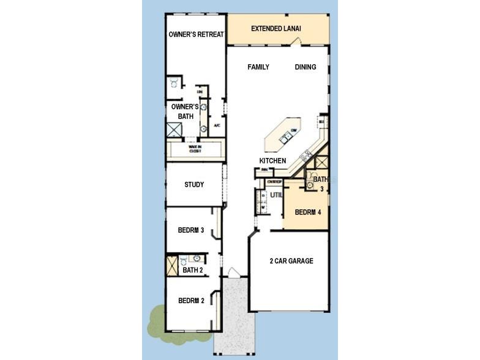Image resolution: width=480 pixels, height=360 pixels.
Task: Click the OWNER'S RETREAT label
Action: (x=196, y=34)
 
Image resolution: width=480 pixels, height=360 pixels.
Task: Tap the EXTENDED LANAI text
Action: (x=276, y=29)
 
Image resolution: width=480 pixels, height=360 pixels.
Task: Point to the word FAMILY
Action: (x=258, y=67)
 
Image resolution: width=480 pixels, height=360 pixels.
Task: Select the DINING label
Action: (x=306, y=67)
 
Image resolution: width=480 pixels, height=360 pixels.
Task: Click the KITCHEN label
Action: (x=273, y=160)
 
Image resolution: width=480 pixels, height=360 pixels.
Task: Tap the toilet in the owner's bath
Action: (x=174, y=81)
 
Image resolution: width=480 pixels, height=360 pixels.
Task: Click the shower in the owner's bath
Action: (x=174, y=129)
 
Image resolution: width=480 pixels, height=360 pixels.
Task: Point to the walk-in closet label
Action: (x=195, y=149)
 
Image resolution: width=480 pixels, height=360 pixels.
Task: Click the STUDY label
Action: (x=194, y=184)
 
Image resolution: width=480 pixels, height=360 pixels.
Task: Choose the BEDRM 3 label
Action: (x=190, y=230)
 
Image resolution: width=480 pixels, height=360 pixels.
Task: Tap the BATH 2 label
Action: (x=193, y=270)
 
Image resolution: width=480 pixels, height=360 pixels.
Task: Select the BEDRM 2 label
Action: (x=191, y=301)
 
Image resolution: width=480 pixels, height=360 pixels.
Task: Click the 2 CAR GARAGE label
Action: (x=291, y=261)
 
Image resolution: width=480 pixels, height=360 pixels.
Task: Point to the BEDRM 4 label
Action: (x=307, y=212)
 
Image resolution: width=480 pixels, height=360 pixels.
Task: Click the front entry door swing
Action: (x=233, y=272)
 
